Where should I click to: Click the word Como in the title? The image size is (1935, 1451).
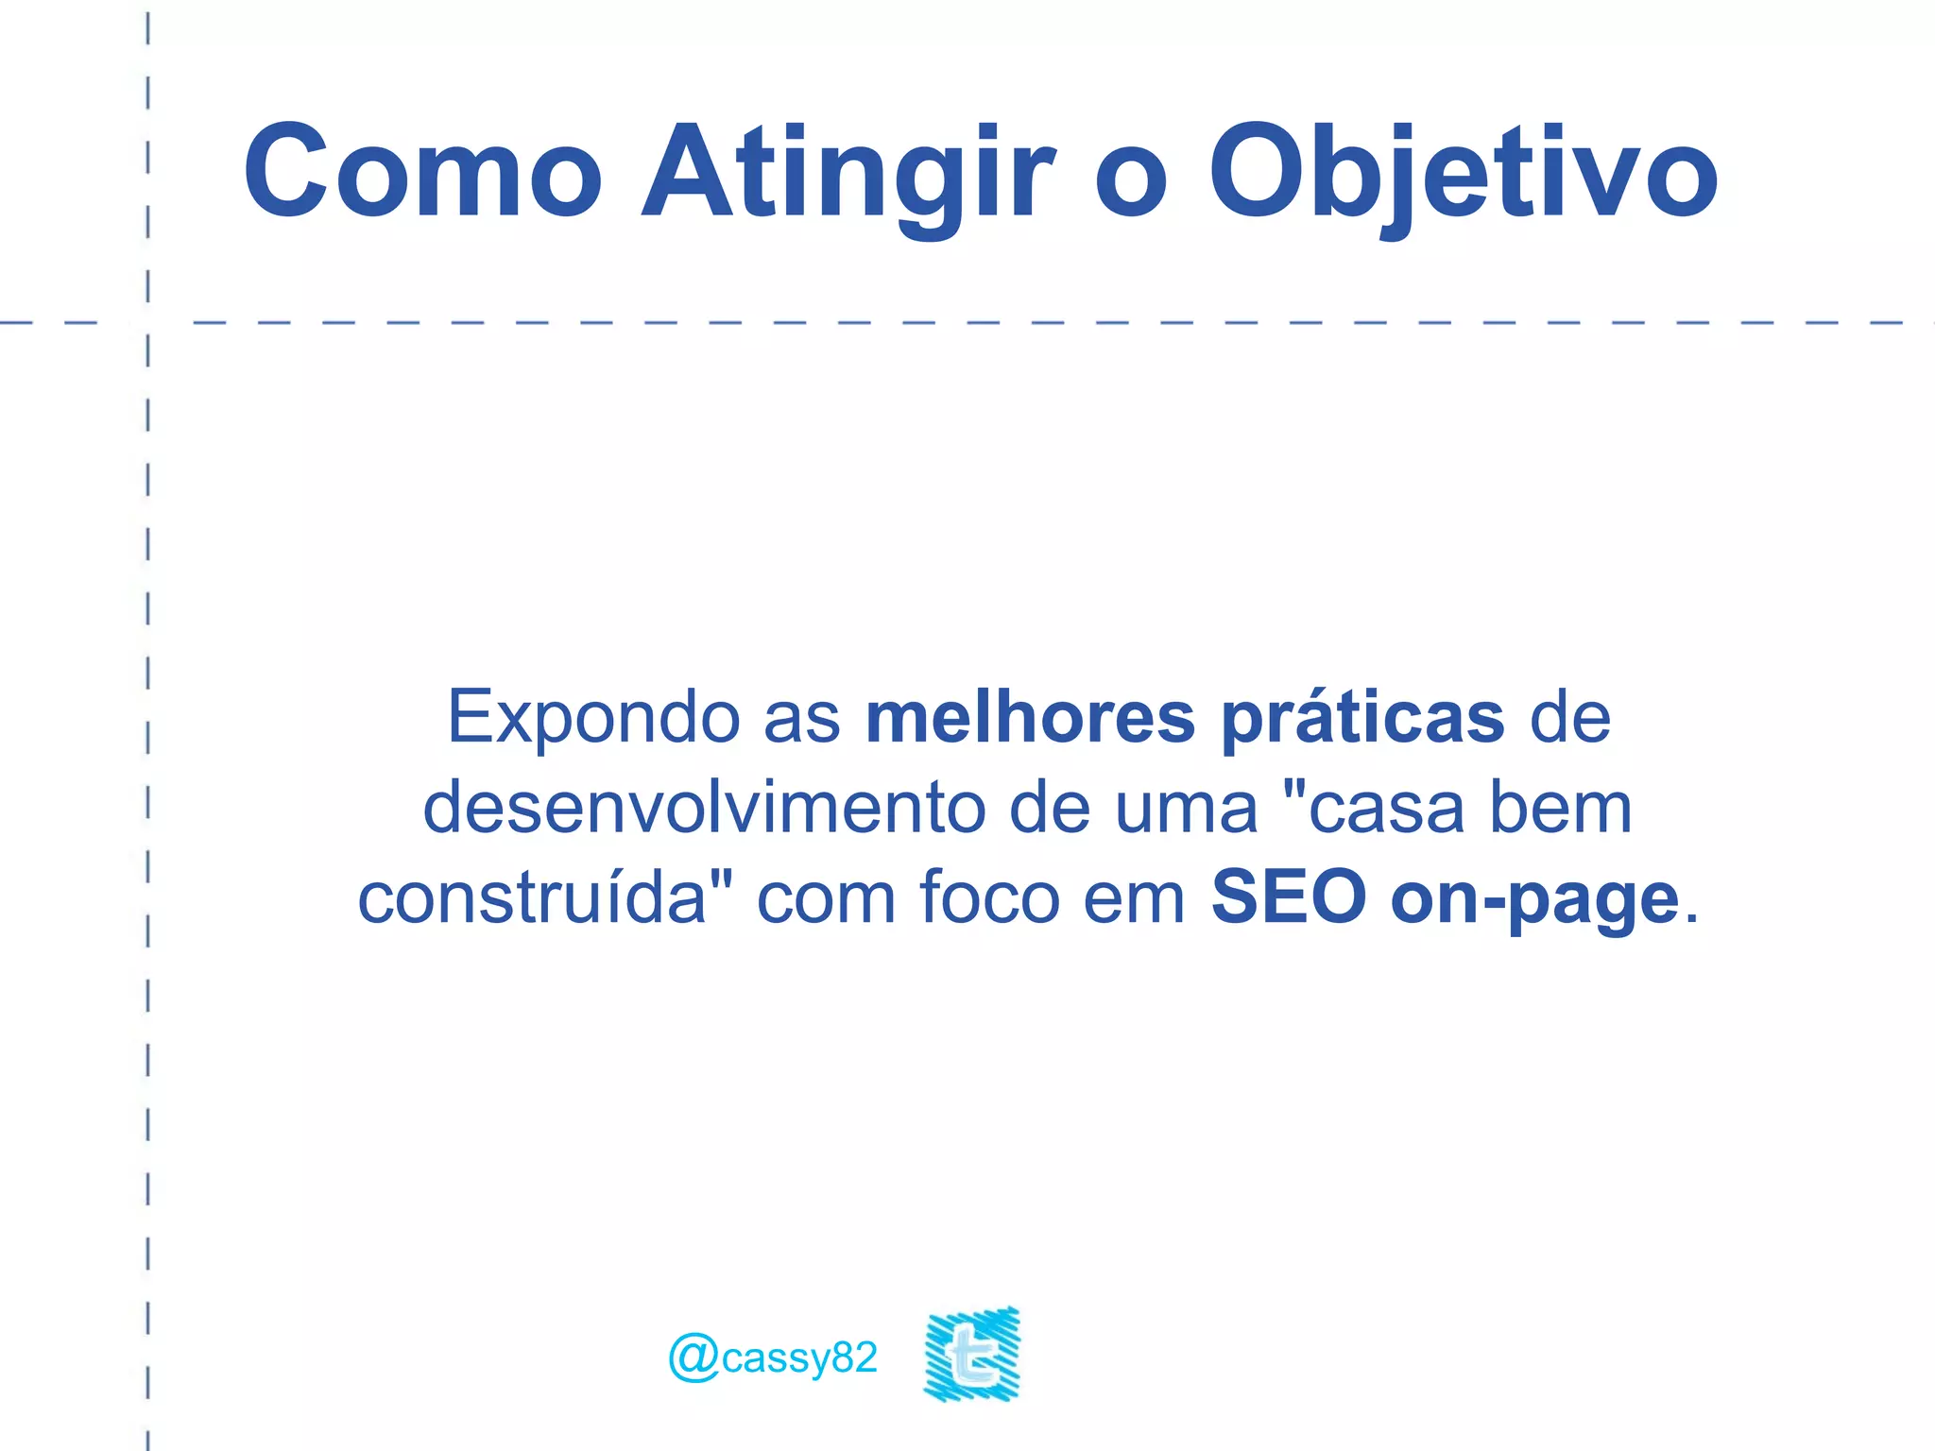422,172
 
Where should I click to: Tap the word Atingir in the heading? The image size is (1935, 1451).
848,175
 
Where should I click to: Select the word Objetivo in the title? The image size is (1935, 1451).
1463,175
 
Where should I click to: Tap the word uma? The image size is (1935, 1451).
1187,810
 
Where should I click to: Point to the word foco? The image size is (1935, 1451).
989,897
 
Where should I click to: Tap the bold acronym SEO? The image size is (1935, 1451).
1289,897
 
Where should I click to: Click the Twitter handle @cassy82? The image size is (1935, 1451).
773,1357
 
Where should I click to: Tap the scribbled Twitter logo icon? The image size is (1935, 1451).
972,1354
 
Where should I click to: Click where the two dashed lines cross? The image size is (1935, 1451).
148,323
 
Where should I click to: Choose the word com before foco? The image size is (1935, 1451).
826,898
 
